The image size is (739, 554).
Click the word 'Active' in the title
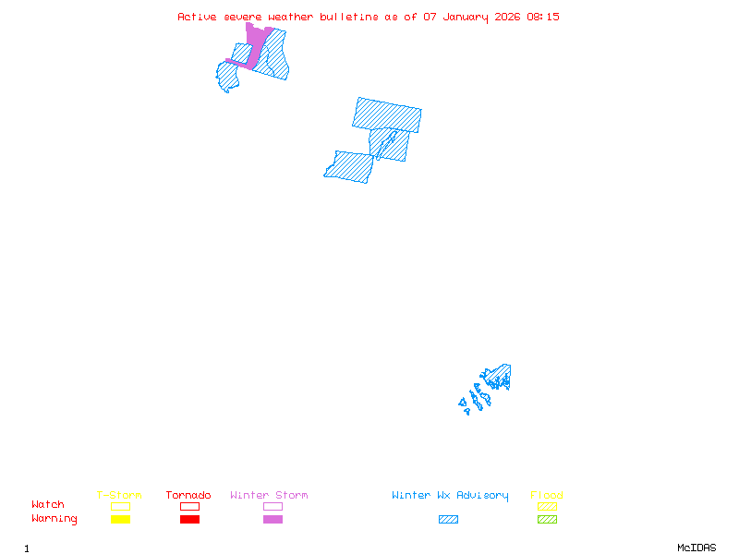198,17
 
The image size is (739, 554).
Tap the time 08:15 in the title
543,17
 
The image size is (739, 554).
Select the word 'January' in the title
464,17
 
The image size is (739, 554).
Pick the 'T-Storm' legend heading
119,496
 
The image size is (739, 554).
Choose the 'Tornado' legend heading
188,496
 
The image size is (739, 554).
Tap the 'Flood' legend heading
547,496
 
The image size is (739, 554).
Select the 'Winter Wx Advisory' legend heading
450,496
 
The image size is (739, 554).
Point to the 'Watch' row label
48,505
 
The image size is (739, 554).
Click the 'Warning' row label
55,519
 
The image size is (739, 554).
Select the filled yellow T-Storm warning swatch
120,520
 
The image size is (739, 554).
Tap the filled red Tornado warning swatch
189,520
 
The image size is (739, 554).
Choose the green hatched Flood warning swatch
547,520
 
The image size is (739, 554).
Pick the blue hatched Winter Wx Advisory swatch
448,520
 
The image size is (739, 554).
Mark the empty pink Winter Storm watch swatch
273,506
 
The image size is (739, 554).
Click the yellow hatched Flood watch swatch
547,506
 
